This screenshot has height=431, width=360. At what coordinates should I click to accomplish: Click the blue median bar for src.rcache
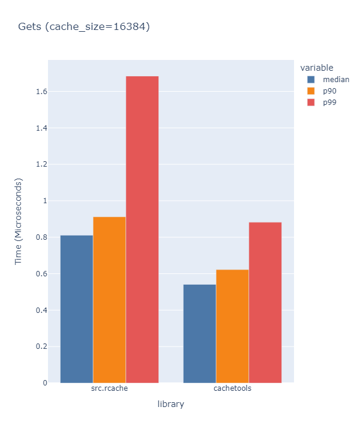click(x=77, y=309)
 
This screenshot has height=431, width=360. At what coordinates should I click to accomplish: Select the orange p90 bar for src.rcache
click(x=109, y=300)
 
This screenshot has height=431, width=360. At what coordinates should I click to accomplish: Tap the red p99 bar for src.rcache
click(x=142, y=229)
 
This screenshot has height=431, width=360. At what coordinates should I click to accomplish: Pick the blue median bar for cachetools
click(x=199, y=333)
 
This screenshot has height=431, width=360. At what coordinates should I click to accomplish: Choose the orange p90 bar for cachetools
click(x=232, y=326)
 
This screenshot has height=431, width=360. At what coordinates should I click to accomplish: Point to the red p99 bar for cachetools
click(x=265, y=302)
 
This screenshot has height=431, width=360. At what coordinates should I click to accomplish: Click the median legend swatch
click(x=311, y=79)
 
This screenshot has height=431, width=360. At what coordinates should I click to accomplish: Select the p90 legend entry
click(x=329, y=91)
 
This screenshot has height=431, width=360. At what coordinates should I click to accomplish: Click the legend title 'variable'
click(x=317, y=67)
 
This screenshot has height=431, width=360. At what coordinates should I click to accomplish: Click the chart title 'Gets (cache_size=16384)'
click(x=83, y=26)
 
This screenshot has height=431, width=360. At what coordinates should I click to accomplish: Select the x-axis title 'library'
click(x=170, y=405)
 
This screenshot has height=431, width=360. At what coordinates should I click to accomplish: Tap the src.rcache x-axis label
click(x=109, y=388)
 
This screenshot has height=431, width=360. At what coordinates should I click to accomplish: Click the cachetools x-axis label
click(x=232, y=388)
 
